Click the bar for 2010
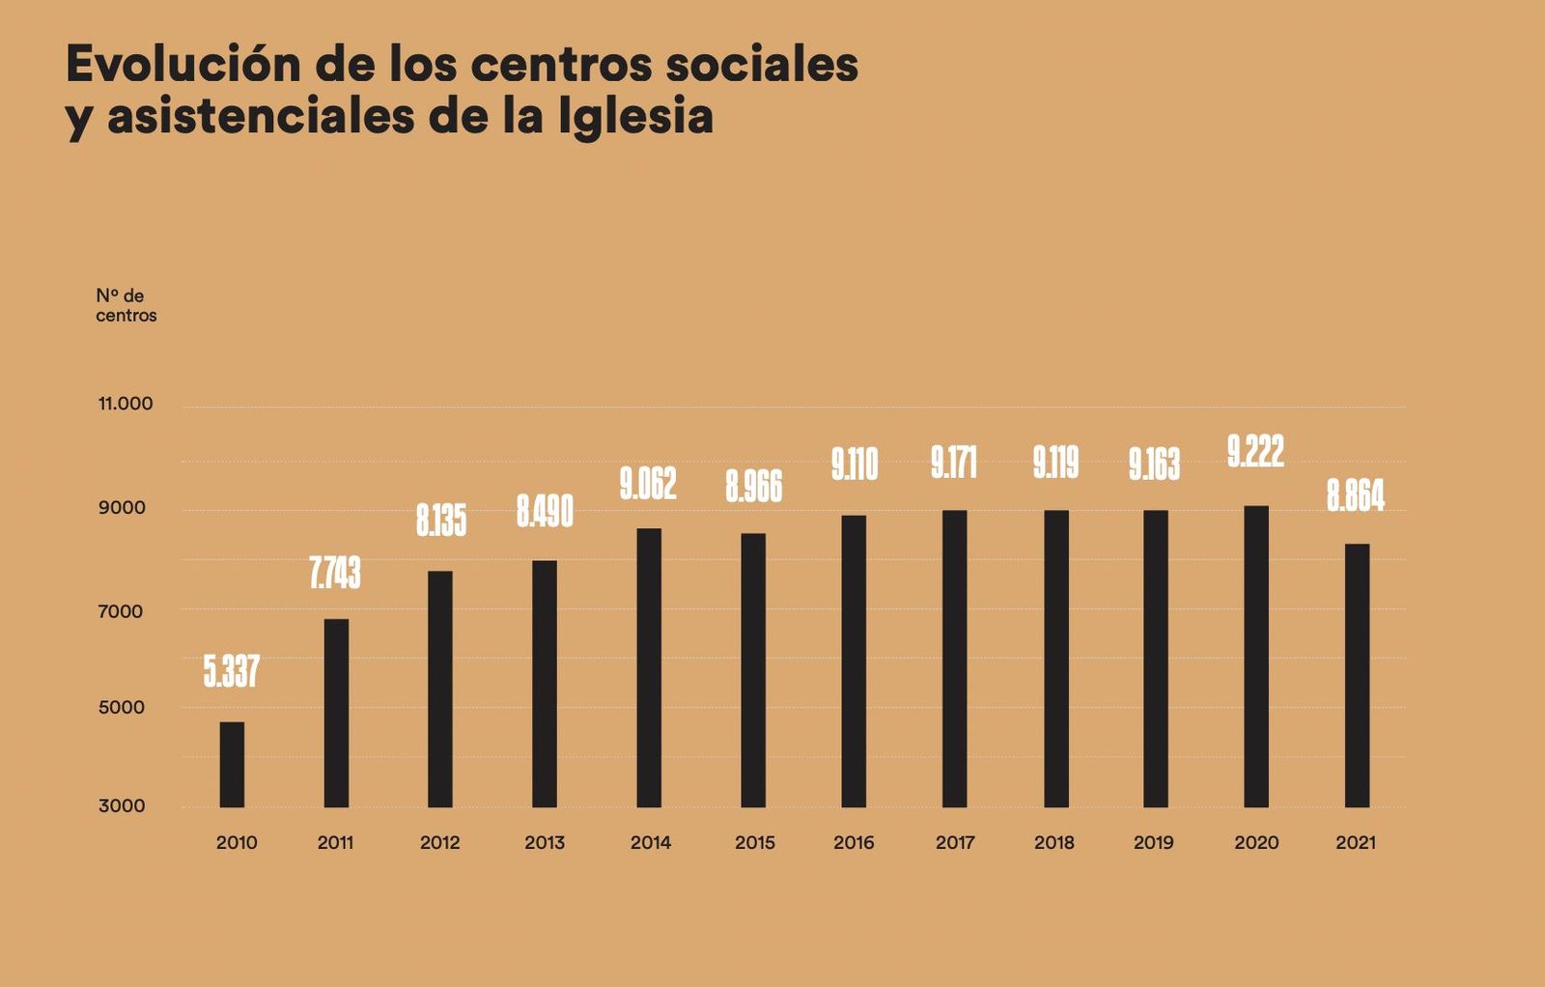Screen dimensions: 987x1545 [x=232, y=765]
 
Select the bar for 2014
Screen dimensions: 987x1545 [x=649, y=667]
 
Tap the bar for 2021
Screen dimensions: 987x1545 [x=1357, y=675]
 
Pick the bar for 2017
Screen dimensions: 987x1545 [x=954, y=659]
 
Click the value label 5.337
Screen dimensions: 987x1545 [x=232, y=671]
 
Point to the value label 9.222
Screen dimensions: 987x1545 [x=1255, y=451]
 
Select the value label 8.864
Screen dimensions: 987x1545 [x=1355, y=495]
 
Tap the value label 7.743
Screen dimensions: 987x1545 [x=335, y=573]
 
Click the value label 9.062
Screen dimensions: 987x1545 [x=648, y=484]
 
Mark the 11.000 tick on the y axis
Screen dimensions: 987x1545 [x=126, y=404]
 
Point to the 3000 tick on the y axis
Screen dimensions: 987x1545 [x=122, y=805]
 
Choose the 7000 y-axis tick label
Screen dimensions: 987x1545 [x=120, y=611]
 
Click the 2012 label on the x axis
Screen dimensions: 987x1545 [x=439, y=842]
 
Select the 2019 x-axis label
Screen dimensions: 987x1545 [x=1153, y=842]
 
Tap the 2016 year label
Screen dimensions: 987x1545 [x=854, y=842]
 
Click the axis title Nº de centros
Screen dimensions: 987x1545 [x=126, y=305]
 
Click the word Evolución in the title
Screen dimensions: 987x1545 [x=183, y=65]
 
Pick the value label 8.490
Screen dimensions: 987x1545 [x=545, y=512]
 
